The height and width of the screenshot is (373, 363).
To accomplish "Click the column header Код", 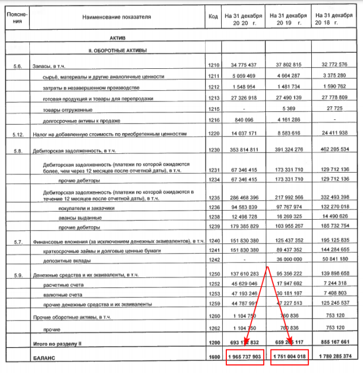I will point(213,17).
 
